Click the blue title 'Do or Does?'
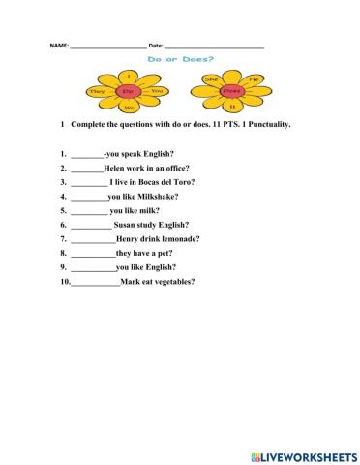point(179,59)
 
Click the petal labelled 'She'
point(210,77)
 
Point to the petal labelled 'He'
point(254,78)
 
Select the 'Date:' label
point(156,47)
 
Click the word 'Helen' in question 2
point(115,169)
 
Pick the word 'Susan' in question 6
point(126,225)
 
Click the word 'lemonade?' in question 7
point(178,239)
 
